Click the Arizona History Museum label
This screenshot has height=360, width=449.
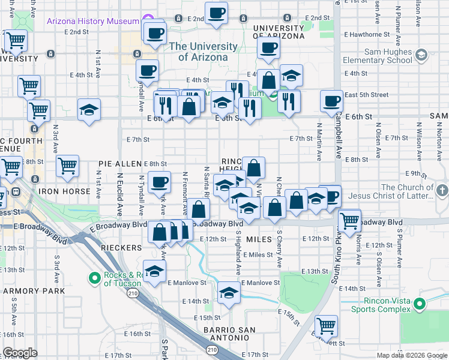93,21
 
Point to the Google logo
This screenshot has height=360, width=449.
20,353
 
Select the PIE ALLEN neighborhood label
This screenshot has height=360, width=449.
120,163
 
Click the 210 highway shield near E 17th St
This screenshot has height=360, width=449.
212,349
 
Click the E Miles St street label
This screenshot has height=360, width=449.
259,255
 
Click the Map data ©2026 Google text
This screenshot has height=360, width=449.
412,355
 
